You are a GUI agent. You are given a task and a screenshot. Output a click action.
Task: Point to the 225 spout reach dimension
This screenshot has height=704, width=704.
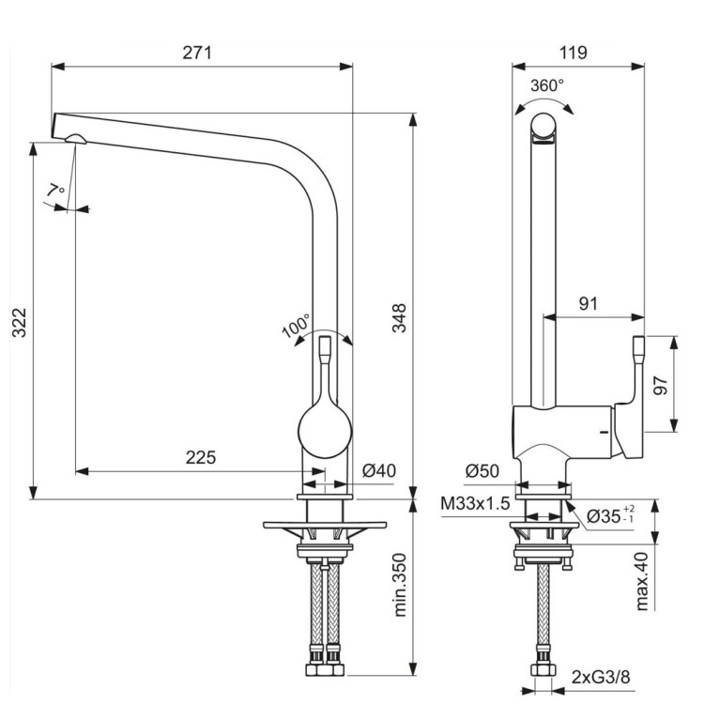pyautogui.click(x=200, y=458)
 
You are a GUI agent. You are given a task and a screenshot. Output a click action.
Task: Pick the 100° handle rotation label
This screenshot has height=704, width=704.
pyautogui.click(x=296, y=326)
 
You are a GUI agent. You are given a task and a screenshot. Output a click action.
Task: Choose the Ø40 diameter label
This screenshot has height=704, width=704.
pyautogui.click(x=378, y=471)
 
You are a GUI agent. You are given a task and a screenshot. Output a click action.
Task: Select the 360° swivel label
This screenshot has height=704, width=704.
pyautogui.click(x=547, y=85)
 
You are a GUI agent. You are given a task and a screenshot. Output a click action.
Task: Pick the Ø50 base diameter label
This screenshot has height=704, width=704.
pyautogui.click(x=482, y=471)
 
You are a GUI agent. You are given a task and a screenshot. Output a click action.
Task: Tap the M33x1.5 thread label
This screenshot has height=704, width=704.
pyautogui.click(x=475, y=504)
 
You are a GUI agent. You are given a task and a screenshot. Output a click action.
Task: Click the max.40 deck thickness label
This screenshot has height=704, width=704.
pyautogui.click(x=642, y=581)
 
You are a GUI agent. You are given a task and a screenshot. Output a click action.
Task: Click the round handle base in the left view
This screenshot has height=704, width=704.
pyautogui.click(x=325, y=434)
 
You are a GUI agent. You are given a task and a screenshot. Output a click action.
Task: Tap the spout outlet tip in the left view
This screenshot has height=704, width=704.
pyautogui.click(x=74, y=141)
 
